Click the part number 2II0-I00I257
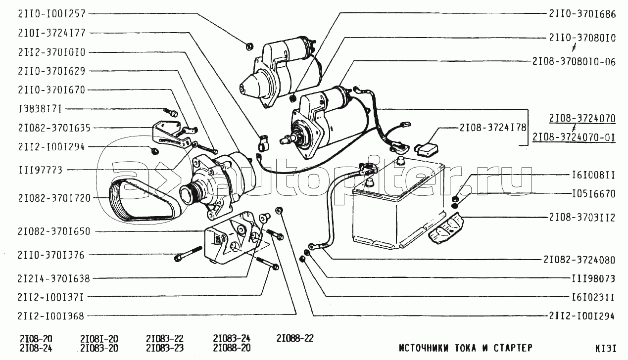coord(52,14)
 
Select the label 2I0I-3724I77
coord(52,33)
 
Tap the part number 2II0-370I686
coord(582,14)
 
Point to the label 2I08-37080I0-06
coord(574,62)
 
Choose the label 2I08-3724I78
coord(493,128)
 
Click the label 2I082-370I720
coord(54,198)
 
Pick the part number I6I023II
coord(593,297)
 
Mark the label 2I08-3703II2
coord(582,218)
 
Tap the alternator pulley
coord(191,193)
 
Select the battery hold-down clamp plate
coord(446,228)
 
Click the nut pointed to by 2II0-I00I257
coord(249,46)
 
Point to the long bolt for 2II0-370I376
coord(188,254)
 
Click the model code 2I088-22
coord(295,338)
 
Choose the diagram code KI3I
coord(606,348)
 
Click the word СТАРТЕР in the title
coord(513,348)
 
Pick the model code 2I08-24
coord(36,348)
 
